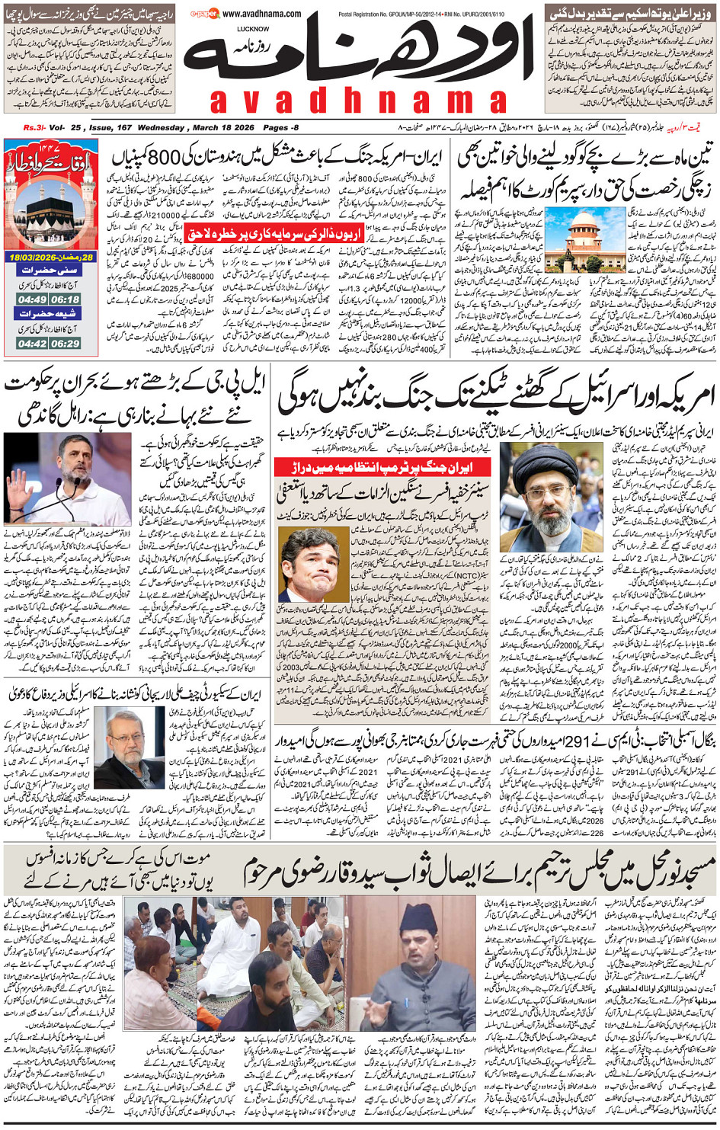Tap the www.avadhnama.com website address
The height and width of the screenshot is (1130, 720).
point(261,14)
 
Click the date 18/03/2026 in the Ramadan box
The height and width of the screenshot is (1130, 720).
point(38,258)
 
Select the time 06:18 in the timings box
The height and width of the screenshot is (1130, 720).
point(66,299)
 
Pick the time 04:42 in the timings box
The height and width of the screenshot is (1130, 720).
point(32,344)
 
